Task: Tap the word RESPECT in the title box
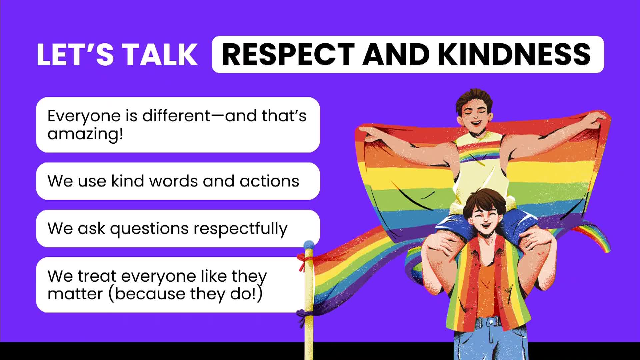click(288, 54)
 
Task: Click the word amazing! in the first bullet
click(85, 134)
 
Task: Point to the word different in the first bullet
click(176, 116)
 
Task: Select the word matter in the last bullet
click(75, 294)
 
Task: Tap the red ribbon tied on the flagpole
click(303, 261)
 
